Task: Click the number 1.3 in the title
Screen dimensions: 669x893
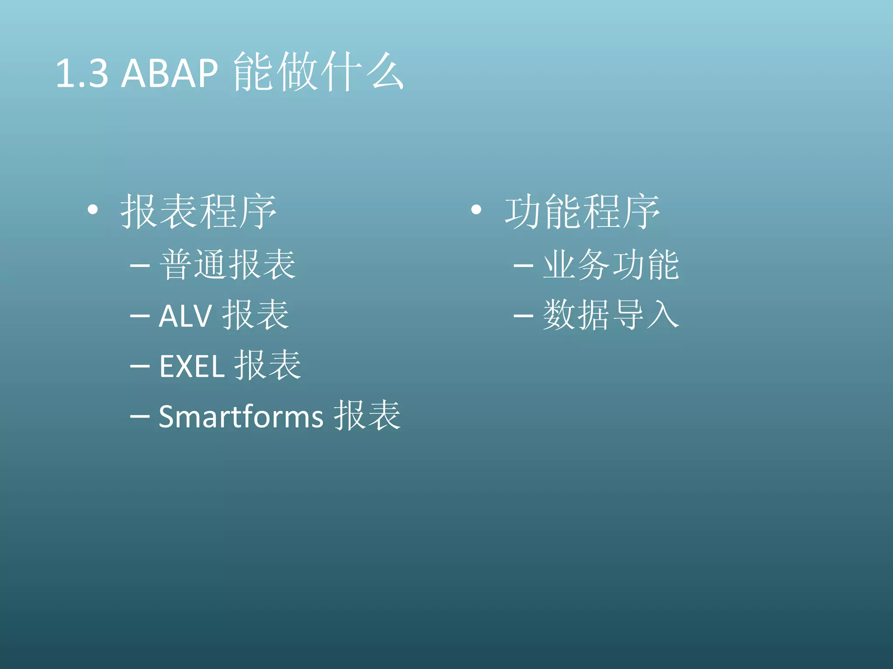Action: tap(82, 73)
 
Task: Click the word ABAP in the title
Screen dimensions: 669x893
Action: tap(170, 73)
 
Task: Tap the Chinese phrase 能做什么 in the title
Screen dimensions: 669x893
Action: tap(318, 72)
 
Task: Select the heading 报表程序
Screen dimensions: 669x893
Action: tap(198, 212)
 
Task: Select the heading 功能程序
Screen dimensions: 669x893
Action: tap(583, 212)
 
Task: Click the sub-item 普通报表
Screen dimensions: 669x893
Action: tap(228, 265)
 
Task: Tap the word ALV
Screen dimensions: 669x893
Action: tap(185, 316)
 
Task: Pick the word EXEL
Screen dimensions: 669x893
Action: tap(192, 366)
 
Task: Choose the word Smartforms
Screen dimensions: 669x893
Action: tap(241, 417)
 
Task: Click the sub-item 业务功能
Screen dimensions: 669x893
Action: tap(611, 265)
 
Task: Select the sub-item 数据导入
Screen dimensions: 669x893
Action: tap(611, 315)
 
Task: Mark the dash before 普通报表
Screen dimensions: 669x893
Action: tap(140, 265)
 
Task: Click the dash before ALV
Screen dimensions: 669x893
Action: tap(140, 316)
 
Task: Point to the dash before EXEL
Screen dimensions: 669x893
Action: tap(140, 366)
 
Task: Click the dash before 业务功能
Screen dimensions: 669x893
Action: tap(523, 265)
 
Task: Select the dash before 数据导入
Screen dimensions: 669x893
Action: tap(523, 316)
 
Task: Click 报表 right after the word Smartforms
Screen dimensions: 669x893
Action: tap(367, 416)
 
